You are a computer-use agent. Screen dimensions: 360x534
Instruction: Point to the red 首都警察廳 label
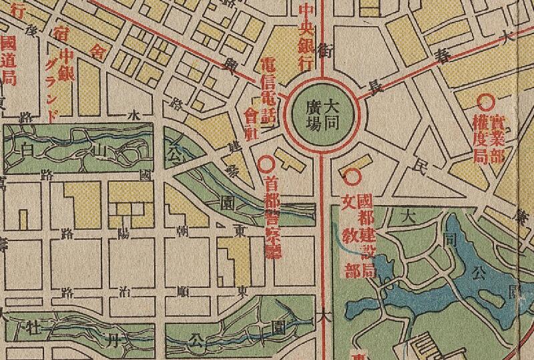[272, 214]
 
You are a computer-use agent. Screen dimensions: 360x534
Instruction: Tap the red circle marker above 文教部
[350, 177]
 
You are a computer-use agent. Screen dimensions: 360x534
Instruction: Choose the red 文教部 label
[350, 235]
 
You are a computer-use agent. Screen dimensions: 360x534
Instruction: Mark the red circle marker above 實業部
[486, 102]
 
